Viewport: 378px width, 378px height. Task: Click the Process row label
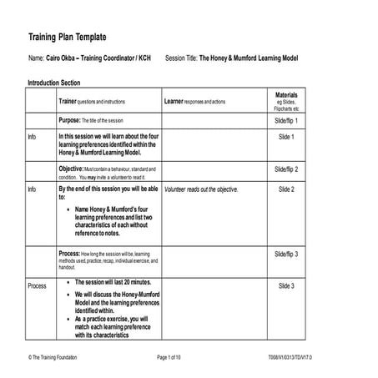(38, 286)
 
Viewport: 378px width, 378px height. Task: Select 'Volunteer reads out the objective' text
(201, 189)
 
